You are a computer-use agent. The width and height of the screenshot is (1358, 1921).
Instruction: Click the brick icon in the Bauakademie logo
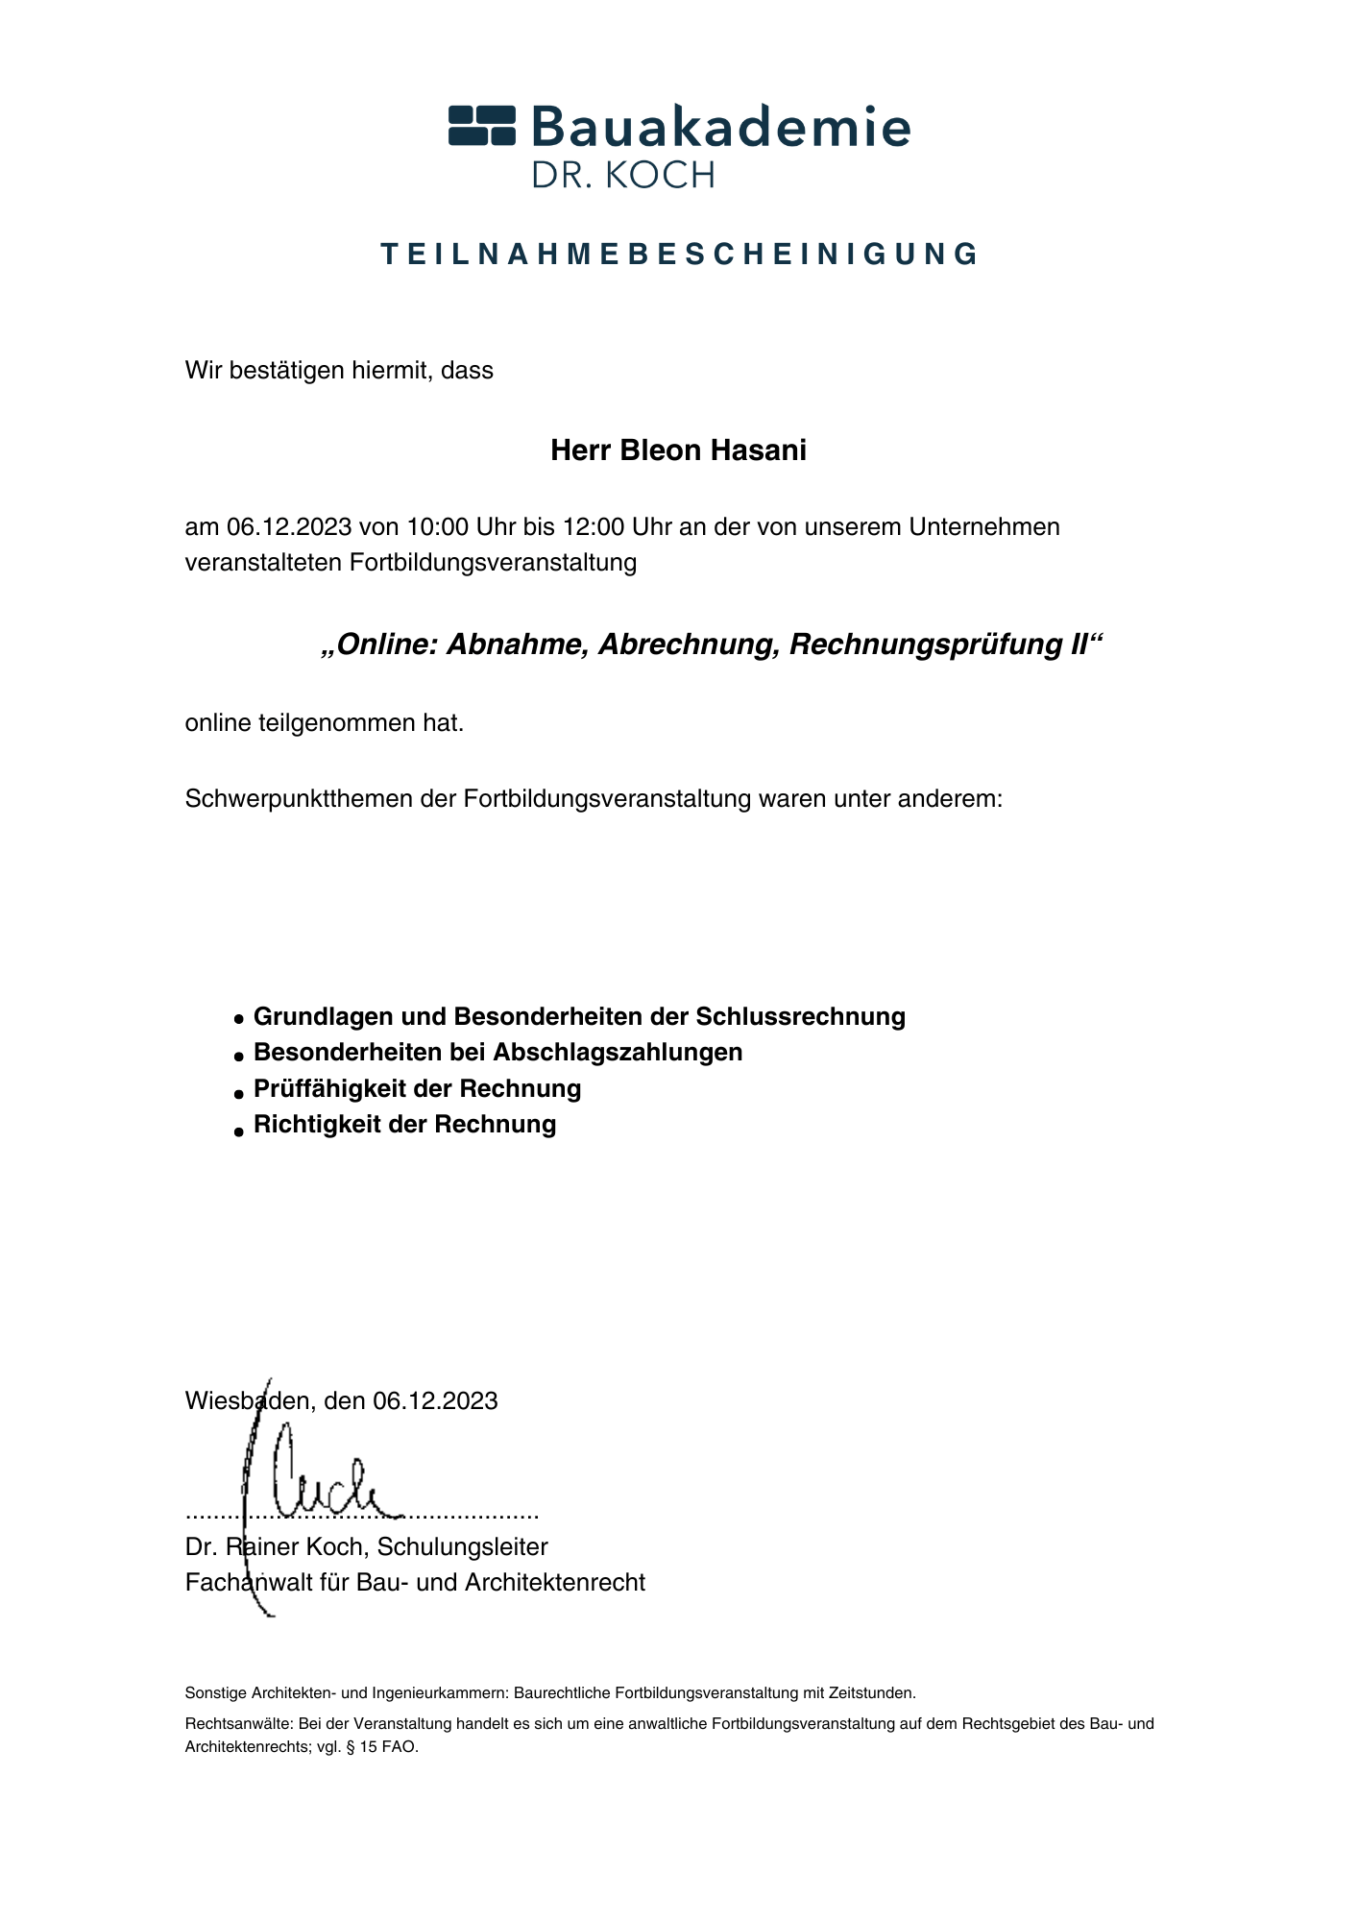[x=482, y=126]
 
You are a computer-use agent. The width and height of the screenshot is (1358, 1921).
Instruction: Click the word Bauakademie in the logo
[x=719, y=125]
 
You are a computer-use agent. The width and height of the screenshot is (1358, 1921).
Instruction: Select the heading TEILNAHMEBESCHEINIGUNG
[x=679, y=255]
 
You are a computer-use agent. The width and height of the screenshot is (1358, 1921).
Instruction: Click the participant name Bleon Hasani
[x=714, y=450]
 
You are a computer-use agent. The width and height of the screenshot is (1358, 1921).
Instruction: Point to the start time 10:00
[x=437, y=527]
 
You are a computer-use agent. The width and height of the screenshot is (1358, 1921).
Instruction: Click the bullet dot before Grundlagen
[x=239, y=1018]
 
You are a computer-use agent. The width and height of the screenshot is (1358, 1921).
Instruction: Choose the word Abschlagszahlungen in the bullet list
[x=618, y=1052]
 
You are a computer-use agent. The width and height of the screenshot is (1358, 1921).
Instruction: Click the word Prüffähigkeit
[x=329, y=1088]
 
